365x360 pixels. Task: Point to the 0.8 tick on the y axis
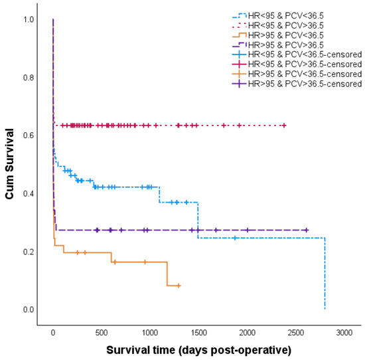tap(31, 77)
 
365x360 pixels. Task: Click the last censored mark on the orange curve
tap(178, 286)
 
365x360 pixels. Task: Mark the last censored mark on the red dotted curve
tap(284, 126)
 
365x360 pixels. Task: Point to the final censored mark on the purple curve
tap(306, 230)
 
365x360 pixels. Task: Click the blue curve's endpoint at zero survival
tap(325, 309)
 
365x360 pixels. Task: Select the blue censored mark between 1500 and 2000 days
tap(235, 238)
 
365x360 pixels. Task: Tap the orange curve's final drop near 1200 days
tap(167, 274)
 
